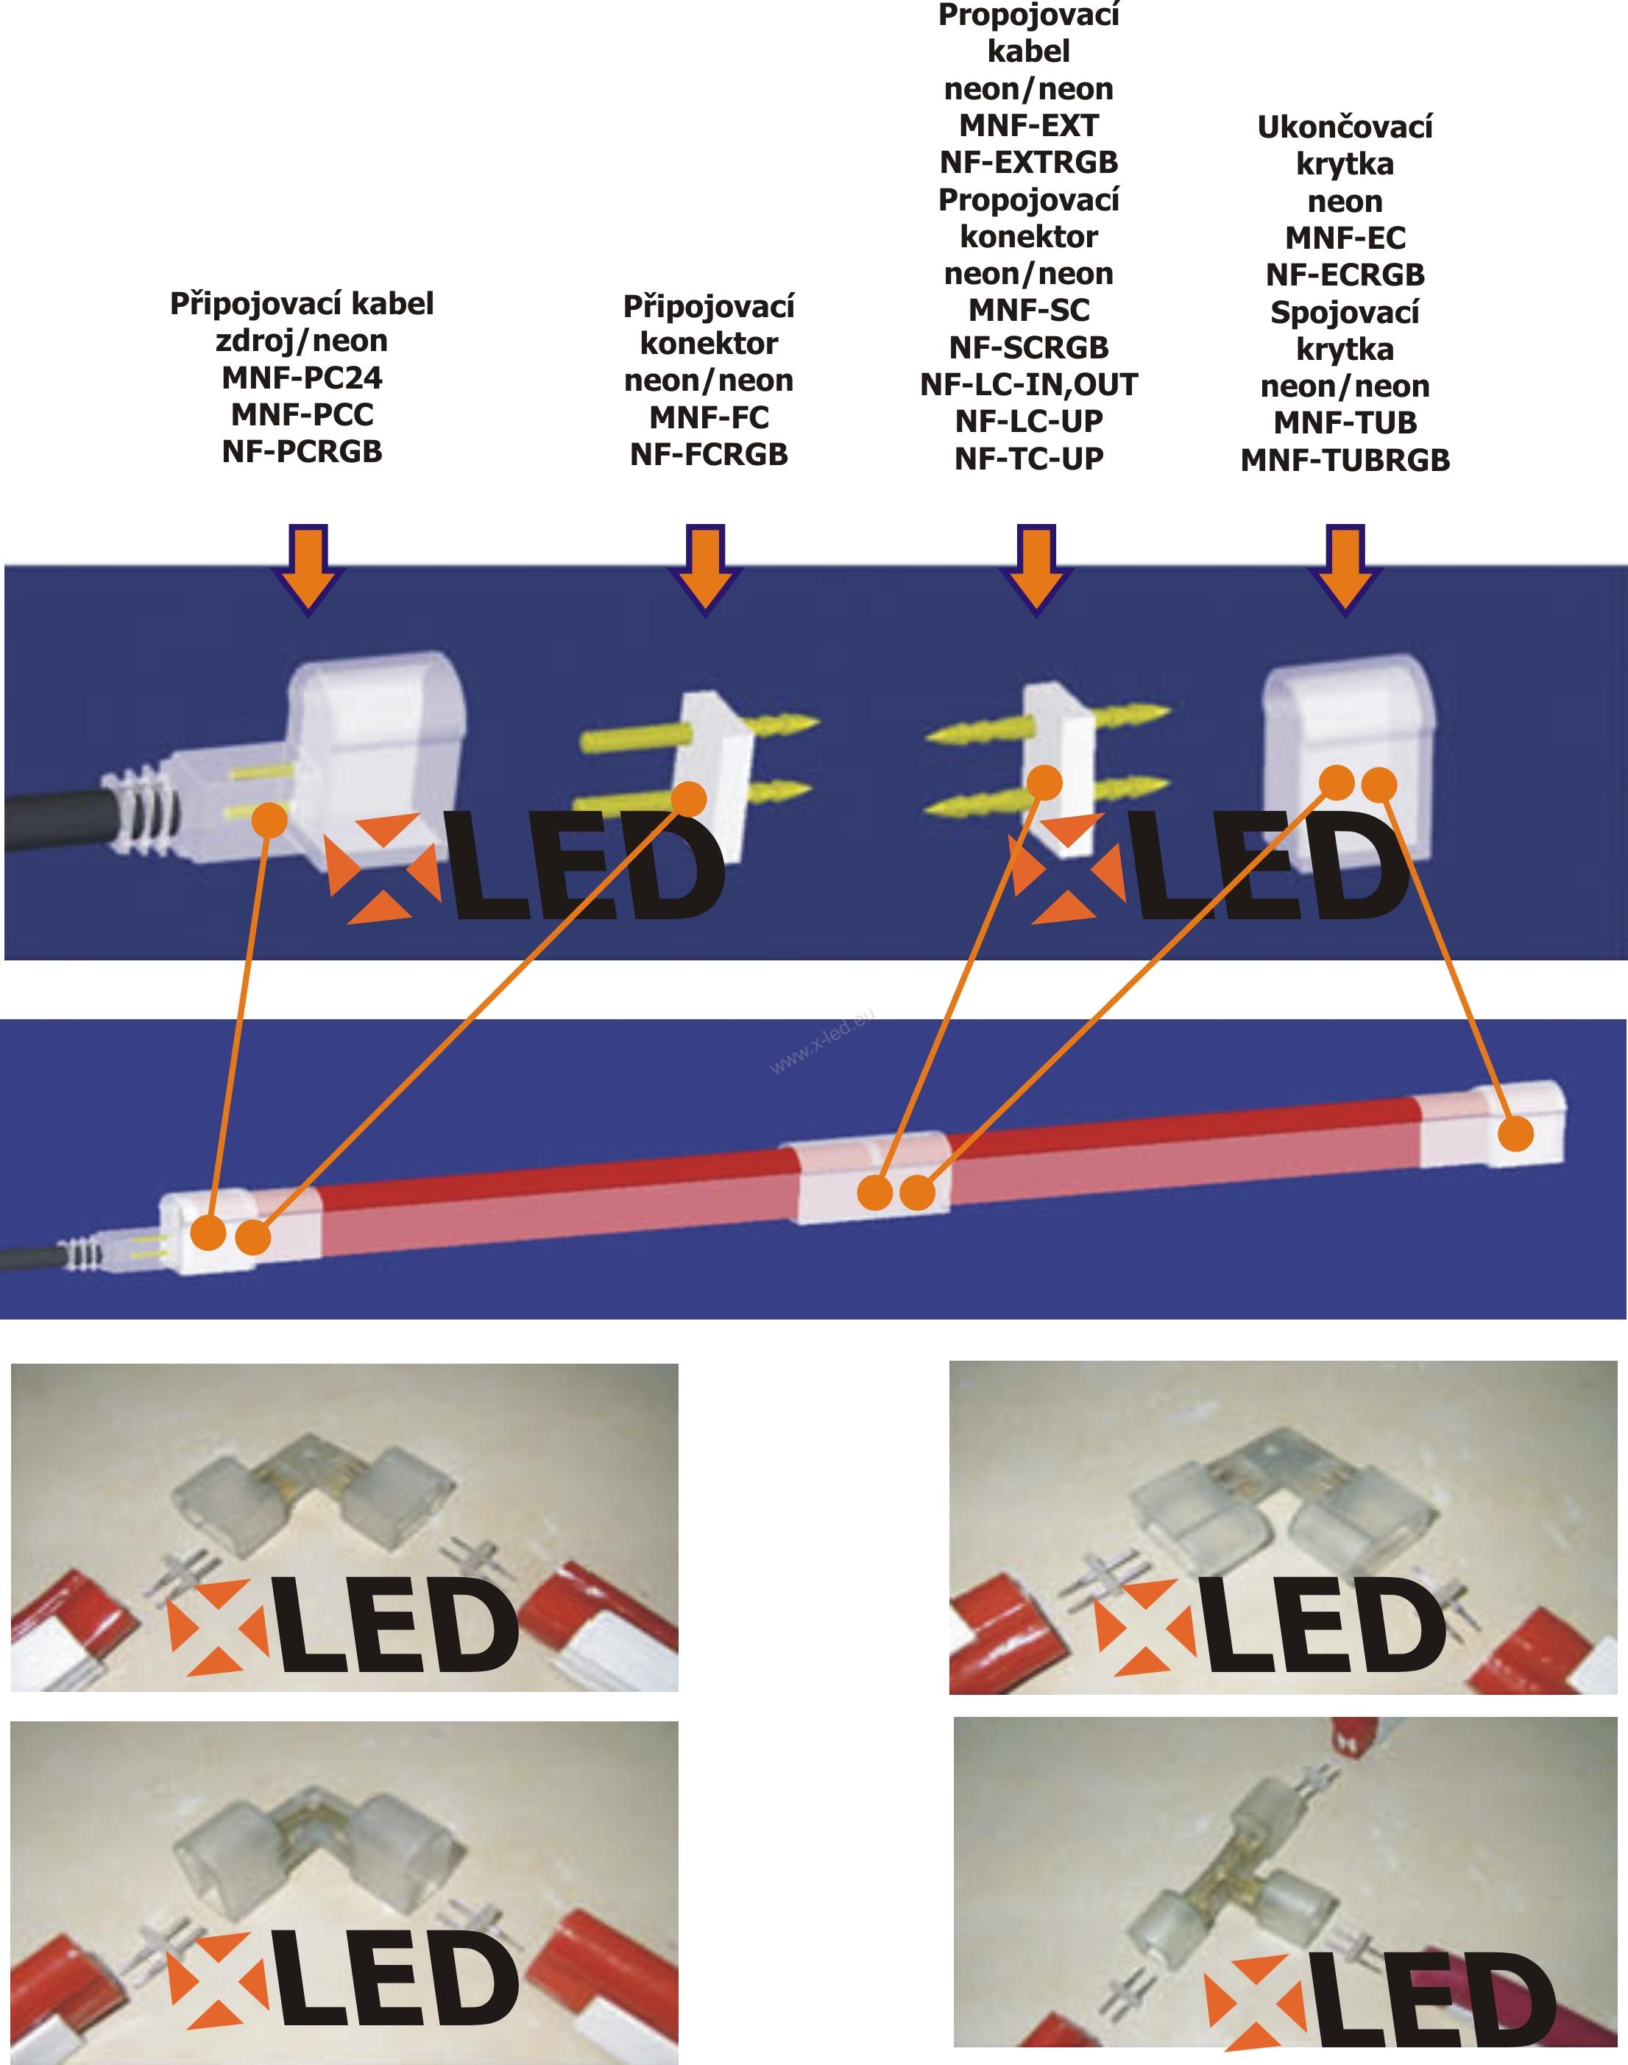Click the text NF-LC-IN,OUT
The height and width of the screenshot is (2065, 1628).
point(1027,385)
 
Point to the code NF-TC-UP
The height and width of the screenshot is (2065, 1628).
point(1027,458)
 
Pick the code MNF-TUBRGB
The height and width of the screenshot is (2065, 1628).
point(1344,460)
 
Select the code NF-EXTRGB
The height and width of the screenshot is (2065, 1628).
point(1027,163)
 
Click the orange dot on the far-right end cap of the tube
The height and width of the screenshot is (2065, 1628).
point(1515,1134)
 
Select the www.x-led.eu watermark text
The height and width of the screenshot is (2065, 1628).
point(821,1041)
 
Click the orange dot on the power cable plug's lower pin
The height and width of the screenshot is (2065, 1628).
point(272,820)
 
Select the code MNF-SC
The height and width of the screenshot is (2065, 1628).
point(1027,311)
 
